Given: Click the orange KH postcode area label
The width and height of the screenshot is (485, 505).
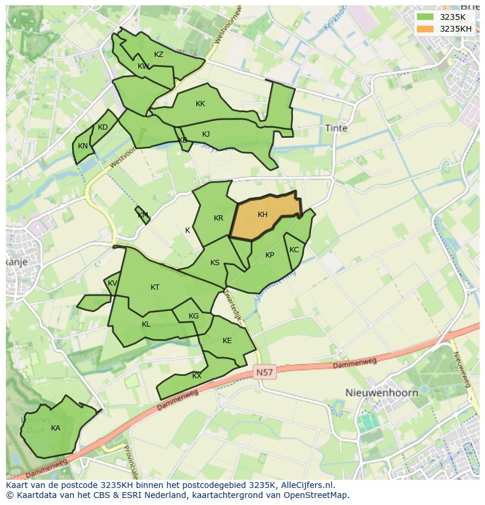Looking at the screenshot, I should [x=262, y=215].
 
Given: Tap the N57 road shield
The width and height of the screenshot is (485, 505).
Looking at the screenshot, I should [x=265, y=372].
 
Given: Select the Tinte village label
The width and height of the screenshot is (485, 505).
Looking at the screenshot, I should [x=336, y=128].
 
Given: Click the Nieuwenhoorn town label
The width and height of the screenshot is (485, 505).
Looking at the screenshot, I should [x=381, y=392].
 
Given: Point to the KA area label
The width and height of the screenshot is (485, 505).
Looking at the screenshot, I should [x=56, y=428].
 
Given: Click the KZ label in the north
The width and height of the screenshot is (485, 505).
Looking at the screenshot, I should [x=159, y=55].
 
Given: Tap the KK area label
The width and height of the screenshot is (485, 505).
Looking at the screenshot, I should [x=200, y=104].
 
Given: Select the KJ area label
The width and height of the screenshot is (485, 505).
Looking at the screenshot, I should [x=206, y=134].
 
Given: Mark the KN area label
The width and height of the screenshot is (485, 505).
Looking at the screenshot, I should [x=83, y=146].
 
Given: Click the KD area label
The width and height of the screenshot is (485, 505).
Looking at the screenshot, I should [x=103, y=127].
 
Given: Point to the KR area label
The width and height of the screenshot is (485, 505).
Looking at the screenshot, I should [x=218, y=218].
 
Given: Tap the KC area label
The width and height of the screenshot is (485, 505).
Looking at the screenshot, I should [x=294, y=250].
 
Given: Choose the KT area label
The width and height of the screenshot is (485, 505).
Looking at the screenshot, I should [x=155, y=287].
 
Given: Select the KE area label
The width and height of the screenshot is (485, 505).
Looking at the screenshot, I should [x=227, y=341].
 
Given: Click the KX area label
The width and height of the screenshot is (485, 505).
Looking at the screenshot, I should [x=197, y=375].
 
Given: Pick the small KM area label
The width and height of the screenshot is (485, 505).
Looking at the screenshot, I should [x=143, y=215].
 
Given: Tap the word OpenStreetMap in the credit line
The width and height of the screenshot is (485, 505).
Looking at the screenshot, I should [x=316, y=495].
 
